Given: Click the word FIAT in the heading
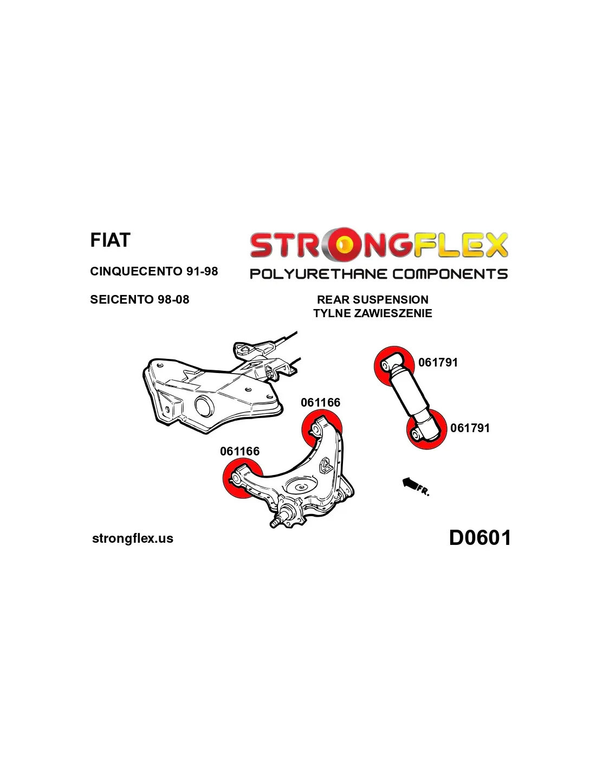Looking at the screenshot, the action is tap(111, 240).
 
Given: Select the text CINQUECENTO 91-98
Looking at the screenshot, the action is tap(154, 272).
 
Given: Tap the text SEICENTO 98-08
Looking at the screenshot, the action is tap(140, 299).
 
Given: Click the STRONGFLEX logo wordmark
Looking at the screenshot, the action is tap(379, 245).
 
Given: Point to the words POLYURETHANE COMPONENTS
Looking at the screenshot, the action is tap(379, 274).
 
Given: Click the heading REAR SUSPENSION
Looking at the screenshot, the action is tap(373, 299).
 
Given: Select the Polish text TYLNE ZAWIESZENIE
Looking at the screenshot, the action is tap(373, 313).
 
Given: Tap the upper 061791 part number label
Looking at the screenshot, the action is tap(438, 362).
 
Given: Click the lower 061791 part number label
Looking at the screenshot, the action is tap(470, 428).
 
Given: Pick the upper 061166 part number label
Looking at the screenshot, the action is tap(320, 402).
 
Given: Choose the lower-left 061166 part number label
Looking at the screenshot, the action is tap(239, 451).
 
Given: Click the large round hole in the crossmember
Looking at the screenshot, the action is tap(203, 407).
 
